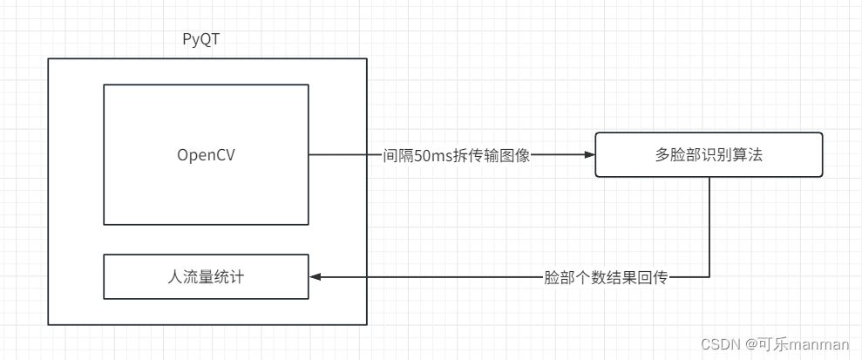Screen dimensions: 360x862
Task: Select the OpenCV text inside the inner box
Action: coord(206,155)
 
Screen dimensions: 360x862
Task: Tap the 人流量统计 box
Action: coord(206,277)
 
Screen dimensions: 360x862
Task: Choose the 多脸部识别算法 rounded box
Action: coord(709,155)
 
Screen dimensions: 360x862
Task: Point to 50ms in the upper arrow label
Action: coord(434,156)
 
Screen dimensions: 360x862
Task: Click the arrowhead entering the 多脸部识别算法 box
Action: coord(589,155)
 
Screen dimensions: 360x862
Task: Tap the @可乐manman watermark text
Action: coord(798,343)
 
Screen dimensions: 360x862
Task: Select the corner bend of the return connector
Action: coord(709,277)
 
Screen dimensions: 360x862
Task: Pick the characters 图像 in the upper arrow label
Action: coord(513,156)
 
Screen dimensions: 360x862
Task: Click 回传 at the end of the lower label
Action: coord(655,277)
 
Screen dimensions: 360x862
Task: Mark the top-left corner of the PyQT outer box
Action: coord(48,59)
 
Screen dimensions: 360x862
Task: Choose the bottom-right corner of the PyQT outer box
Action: coord(366,325)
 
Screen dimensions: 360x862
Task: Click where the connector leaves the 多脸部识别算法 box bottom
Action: coord(709,178)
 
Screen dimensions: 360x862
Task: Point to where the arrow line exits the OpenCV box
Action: coord(309,155)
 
